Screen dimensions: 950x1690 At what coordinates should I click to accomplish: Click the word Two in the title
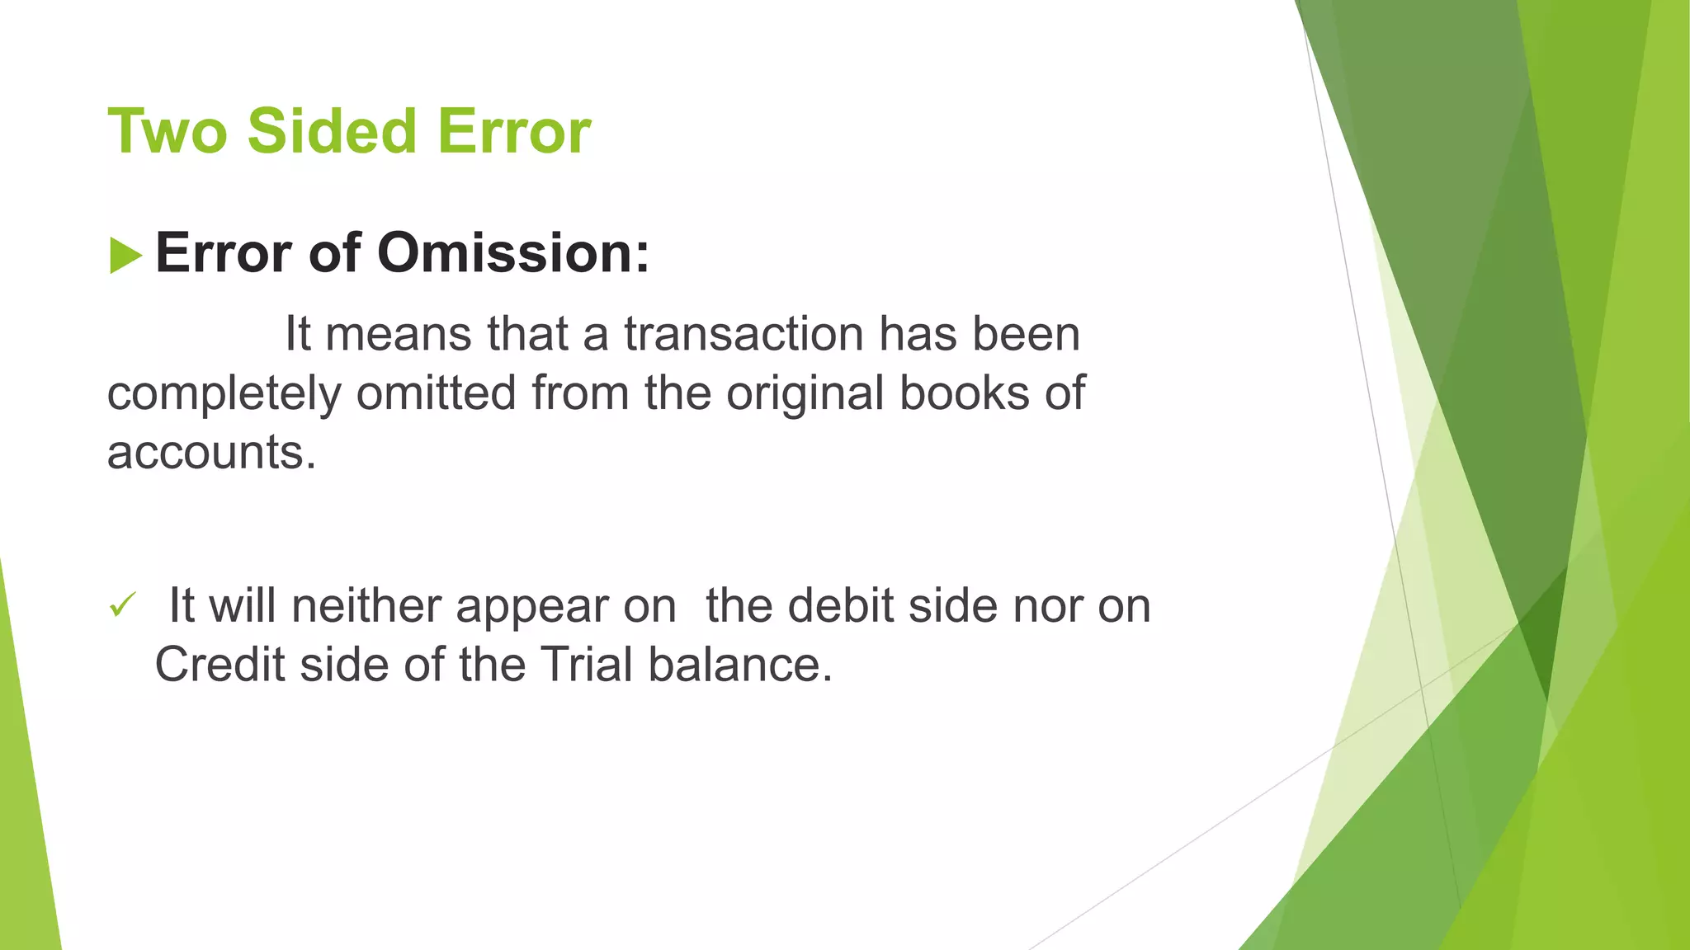pyautogui.click(x=167, y=132)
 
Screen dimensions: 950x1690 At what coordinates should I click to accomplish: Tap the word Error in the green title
pyautogui.click(x=514, y=132)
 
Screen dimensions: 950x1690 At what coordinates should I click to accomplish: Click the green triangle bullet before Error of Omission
pyautogui.click(x=125, y=256)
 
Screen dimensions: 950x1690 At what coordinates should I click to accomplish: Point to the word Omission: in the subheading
pyautogui.click(x=513, y=253)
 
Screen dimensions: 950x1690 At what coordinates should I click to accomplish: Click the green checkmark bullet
pyautogui.click(x=122, y=606)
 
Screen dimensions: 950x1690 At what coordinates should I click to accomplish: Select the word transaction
pyautogui.click(x=744, y=335)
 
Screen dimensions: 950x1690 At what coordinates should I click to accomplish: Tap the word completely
pyautogui.click(x=224, y=394)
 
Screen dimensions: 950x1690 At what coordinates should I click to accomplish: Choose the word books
pyautogui.click(x=964, y=393)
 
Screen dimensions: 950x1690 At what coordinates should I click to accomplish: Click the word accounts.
pyautogui.click(x=211, y=453)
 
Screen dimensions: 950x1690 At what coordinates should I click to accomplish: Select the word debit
pyautogui.click(x=841, y=606)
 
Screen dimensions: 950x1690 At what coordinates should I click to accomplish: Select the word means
pyautogui.click(x=399, y=335)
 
